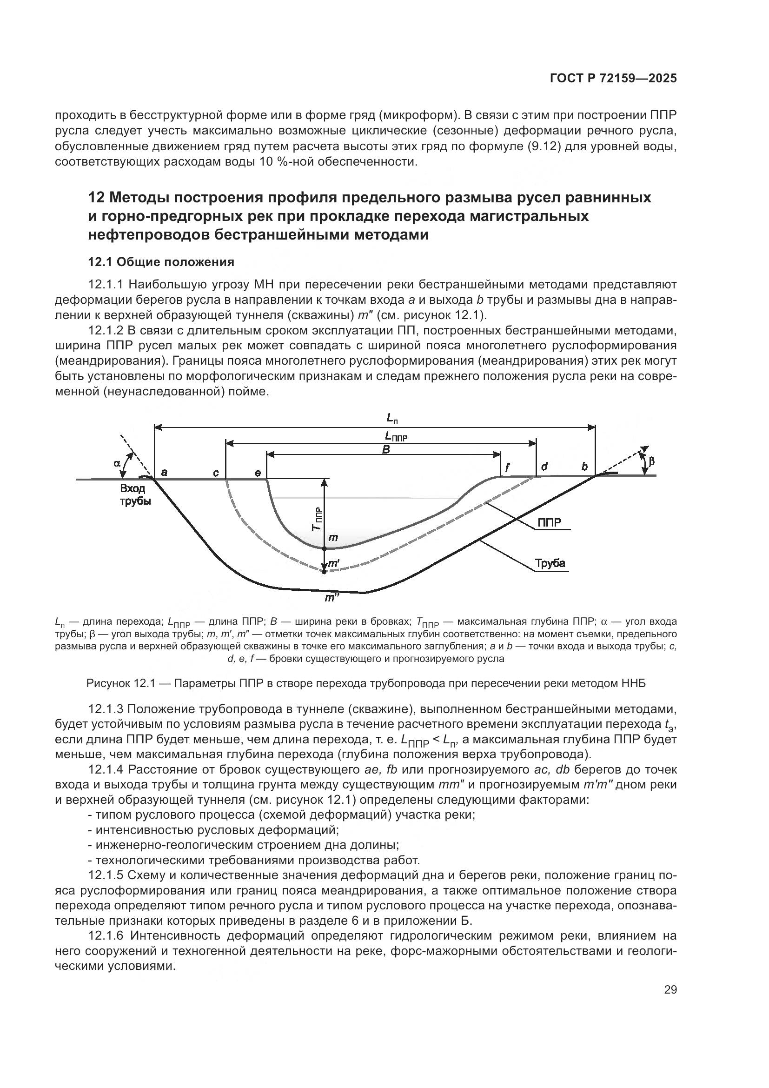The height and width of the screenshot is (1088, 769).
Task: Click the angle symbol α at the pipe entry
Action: click(117, 463)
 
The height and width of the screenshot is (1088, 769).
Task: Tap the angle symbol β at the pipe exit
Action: click(651, 460)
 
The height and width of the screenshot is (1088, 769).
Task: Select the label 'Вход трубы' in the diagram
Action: click(135, 495)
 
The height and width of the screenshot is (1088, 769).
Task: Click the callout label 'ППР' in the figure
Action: click(549, 523)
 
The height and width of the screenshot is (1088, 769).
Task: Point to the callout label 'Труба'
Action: click(550, 563)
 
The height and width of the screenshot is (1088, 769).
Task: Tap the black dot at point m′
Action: click(324, 572)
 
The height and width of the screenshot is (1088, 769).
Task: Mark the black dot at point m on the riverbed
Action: click(325, 548)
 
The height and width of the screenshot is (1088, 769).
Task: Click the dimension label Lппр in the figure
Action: click(396, 436)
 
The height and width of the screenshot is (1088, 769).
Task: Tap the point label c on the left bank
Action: click(216, 473)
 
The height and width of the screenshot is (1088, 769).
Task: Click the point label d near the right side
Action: click(544, 467)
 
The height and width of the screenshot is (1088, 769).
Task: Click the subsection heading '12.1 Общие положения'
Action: click(161, 261)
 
